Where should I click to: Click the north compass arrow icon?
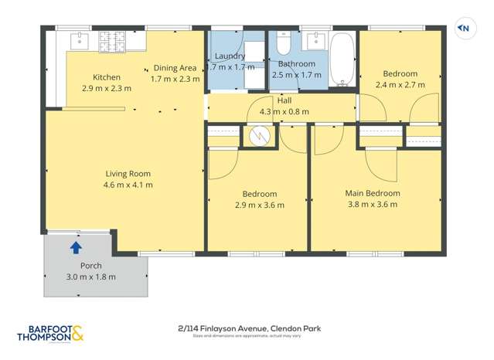(464, 29)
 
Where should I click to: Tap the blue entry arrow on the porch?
(76, 248)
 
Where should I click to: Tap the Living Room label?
(128, 174)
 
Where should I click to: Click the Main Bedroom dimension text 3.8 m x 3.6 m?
(372, 205)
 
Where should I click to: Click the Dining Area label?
(175, 68)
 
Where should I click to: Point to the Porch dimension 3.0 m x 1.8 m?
(90, 277)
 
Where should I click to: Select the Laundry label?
(230, 56)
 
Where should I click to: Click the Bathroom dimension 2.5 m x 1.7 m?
(296, 75)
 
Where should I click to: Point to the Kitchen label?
(107, 77)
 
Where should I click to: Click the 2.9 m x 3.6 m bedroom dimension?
(260, 205)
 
